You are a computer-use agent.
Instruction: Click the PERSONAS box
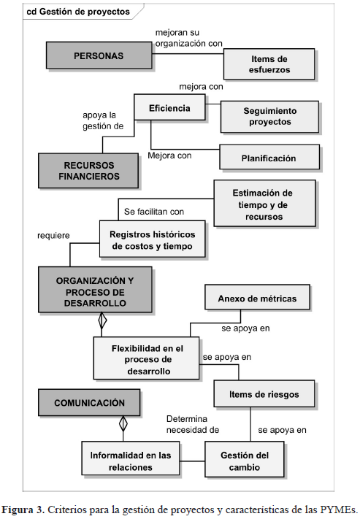click(99, 55)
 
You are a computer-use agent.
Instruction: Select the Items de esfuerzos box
click(269, 64)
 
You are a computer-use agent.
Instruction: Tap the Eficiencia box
click(169, 107)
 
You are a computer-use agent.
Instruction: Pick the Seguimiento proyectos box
click(270, 117)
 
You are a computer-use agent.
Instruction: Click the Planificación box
click(269, 157)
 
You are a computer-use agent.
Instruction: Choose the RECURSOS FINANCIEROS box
click(88, 171)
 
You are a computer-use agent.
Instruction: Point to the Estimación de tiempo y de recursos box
click(264, 203)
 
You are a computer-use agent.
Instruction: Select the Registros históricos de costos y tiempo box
click(153, 239)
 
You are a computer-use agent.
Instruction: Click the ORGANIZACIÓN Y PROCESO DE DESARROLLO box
click(95, 290)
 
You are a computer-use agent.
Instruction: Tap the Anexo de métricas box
click(258, 297)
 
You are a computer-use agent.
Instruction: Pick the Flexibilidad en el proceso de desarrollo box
click(146, 358)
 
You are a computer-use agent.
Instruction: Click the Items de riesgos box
click(264, 393)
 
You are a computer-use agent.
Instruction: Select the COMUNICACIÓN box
click(89, 402)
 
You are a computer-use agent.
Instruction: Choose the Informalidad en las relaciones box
click(131, 458)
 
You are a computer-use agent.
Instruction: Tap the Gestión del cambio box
click(245, 459)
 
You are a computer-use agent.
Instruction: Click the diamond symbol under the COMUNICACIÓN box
click(123, 423)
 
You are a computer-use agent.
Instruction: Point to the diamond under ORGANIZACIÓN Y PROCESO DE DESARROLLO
click(102, 320)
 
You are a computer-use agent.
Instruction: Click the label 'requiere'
click(53, 236)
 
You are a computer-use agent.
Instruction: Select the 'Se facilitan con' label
click(154, 212)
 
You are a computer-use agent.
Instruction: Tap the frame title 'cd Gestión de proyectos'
click(78, 12)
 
